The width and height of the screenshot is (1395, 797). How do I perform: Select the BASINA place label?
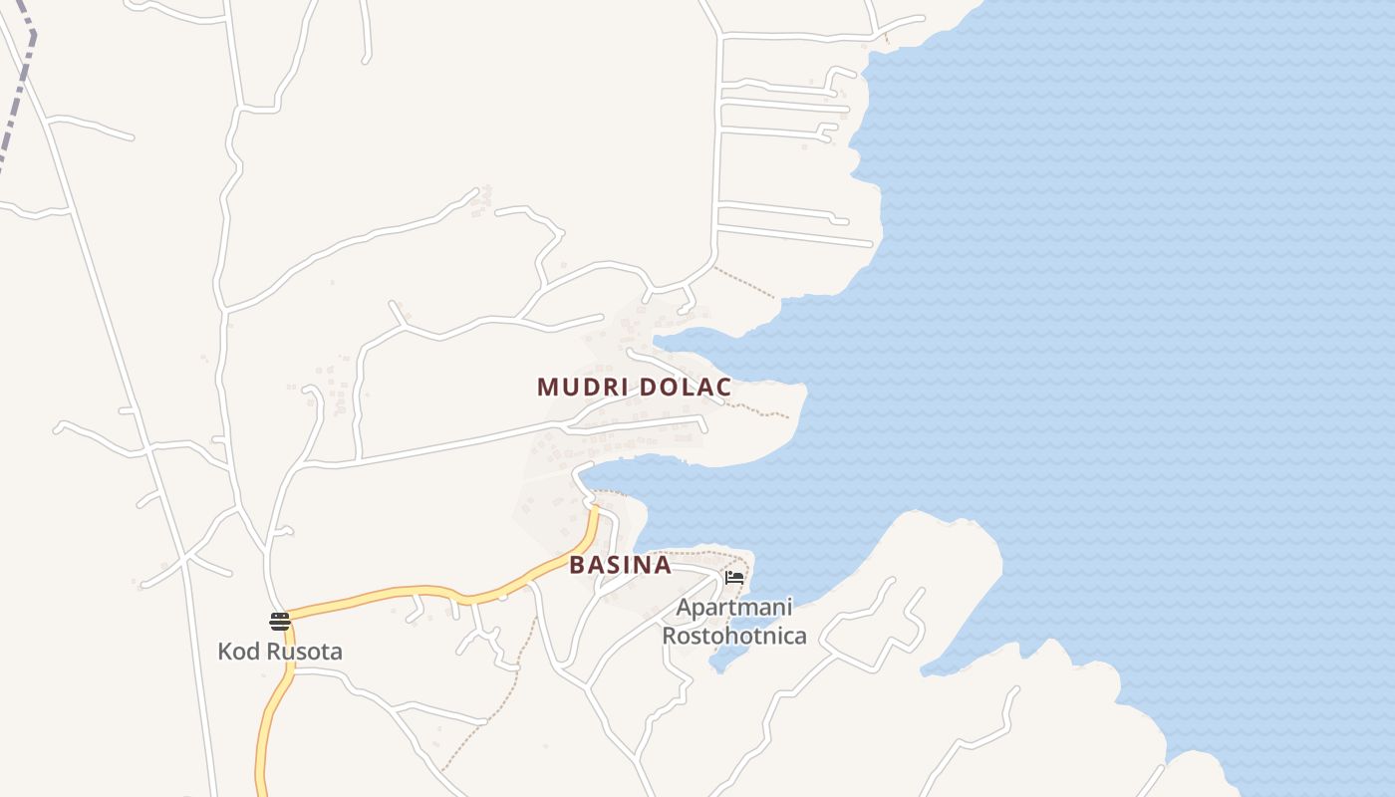coord(620,565)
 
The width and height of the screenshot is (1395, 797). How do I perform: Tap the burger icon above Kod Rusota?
coord(280,622)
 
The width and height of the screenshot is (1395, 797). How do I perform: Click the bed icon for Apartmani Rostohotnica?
coord(734,577)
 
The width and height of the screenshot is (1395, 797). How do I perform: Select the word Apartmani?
coord(734,607)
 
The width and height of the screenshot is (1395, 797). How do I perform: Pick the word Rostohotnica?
coord(734,635)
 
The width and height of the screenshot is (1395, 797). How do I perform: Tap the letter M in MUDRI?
coord(546,387)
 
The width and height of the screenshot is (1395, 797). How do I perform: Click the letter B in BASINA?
coord(577,565)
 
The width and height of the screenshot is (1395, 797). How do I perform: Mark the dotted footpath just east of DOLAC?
coord(762,409)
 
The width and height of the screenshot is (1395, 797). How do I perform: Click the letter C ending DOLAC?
coord(724,387)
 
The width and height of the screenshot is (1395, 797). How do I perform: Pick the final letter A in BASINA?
coord(662,565)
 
